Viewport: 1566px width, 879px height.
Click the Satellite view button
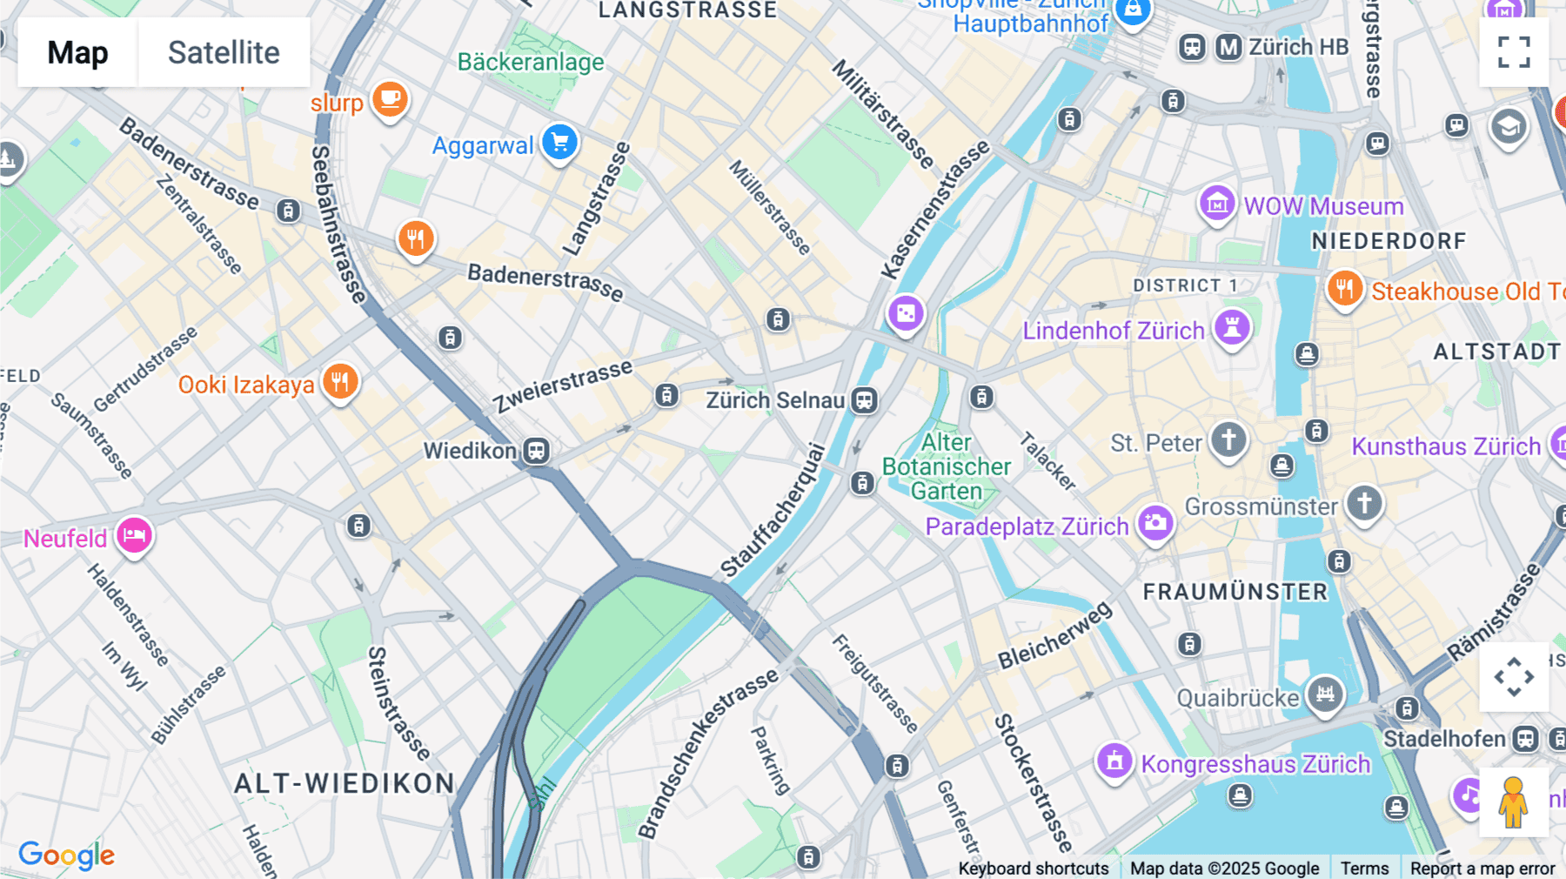click(224, 52)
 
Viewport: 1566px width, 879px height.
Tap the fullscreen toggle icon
click(1514, 52)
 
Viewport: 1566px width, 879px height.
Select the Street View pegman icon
click(1513, 802)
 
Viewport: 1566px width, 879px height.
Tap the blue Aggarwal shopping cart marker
click(560, 142)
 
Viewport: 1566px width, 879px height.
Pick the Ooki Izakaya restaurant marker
click(340, 382)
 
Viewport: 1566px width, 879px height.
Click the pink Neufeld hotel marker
click(135, 536)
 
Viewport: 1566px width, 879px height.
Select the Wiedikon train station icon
click(537, 451)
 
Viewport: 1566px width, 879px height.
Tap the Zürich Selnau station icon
click(864, 400)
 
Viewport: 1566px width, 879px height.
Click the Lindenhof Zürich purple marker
click(1232, 328)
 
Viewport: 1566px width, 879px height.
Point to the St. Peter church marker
click(1228, 440)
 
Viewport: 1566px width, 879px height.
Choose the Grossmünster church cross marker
click(1363, 504)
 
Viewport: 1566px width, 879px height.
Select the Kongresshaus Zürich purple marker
click(1114, 762)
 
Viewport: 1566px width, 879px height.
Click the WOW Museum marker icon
click(1217, 205)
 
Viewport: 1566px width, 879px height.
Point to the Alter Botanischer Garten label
click(947, 467)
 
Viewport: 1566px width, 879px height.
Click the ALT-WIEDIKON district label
click(345, 783)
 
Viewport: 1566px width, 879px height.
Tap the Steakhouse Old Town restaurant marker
click(1344, 289)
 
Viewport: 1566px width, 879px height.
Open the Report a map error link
click(1482, 869)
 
